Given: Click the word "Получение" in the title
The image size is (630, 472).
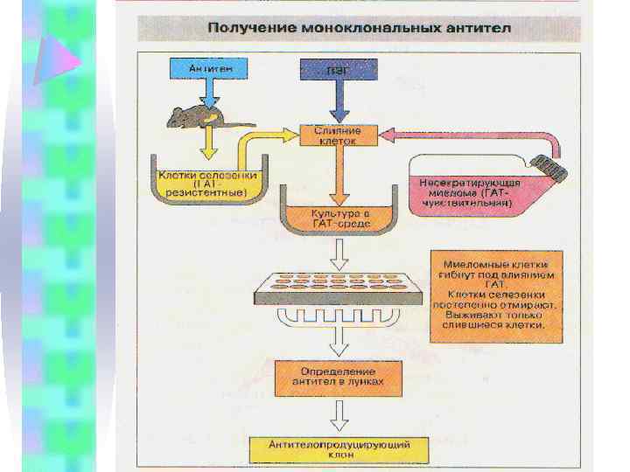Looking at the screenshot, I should [249, 29].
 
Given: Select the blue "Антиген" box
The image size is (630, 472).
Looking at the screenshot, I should [208, 68].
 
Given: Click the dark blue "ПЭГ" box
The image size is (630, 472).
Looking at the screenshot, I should [339, 68].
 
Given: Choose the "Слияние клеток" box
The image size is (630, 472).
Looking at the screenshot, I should [338, 135].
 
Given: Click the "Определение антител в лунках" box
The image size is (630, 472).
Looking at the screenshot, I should [337, 376].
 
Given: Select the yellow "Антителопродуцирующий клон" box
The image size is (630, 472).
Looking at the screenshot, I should [339, 448].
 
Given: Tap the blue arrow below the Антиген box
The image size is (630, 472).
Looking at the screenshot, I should [208, 92].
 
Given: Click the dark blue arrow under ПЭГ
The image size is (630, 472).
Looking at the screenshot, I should [339, 101].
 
